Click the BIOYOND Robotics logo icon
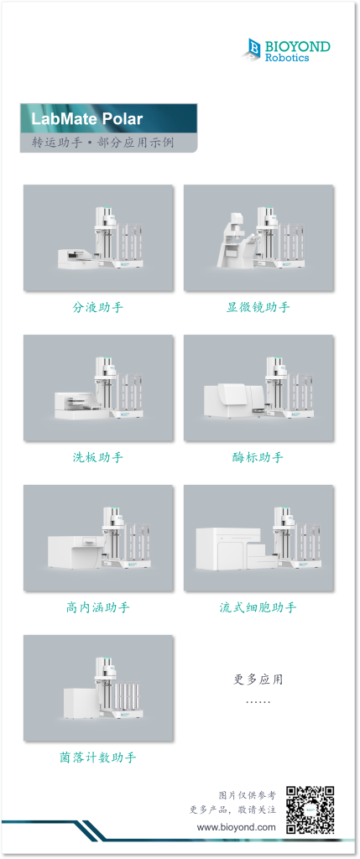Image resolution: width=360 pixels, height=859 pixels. (251, 48)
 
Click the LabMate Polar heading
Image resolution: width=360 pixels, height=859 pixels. (86, 119)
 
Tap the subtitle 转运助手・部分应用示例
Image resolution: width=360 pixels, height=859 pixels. (103, 143)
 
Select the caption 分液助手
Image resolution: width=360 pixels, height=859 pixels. (98, 307)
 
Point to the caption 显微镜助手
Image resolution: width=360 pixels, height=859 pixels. (258, 307)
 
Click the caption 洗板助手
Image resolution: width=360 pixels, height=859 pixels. (98, 457)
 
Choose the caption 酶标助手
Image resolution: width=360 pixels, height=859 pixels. (258, 457)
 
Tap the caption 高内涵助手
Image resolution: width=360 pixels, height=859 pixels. (98, 607)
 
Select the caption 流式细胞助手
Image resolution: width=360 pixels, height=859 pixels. (258, 607)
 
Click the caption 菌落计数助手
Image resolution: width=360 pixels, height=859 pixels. (98, 757)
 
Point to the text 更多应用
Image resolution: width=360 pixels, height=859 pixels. (258, 680)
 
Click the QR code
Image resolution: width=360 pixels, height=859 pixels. (310, 810)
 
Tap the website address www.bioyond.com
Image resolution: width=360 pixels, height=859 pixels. (237, 827)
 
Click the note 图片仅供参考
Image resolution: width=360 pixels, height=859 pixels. (247, 794)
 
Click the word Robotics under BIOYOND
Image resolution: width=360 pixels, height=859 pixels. (287, 57)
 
